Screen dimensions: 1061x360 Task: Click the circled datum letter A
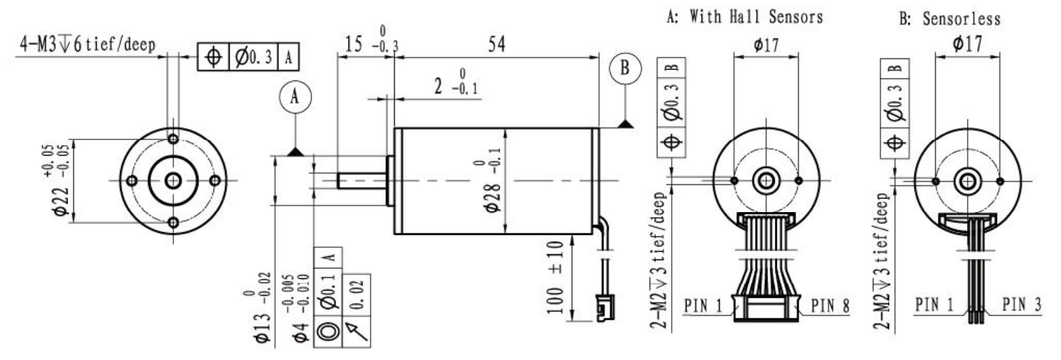295,97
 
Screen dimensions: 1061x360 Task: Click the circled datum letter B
625,69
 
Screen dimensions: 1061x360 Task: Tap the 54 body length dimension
497,45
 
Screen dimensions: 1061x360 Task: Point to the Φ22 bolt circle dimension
58,180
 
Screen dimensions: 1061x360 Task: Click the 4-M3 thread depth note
87,45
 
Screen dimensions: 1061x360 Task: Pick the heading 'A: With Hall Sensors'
744,18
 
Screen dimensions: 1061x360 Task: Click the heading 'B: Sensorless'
949,19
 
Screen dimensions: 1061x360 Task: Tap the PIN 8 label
830,306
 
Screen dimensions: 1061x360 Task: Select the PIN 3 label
1021,305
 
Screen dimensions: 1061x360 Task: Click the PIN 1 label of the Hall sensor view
703,306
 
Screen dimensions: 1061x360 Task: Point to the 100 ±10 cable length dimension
555,277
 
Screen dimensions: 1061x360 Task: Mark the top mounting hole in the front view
173,139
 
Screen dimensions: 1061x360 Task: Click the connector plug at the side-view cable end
605,308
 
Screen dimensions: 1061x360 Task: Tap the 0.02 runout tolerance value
357,294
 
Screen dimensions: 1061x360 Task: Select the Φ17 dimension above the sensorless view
967,44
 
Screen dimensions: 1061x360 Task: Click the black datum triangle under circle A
295,152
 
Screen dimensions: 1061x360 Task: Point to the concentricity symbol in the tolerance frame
328,331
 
